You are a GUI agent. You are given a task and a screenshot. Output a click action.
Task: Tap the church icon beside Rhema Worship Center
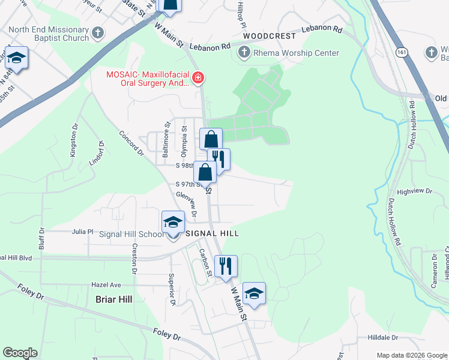click(x=244, y=53)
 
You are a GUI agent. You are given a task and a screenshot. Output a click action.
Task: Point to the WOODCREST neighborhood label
click(x=270, y=36)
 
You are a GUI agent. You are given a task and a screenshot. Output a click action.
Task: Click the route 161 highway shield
click(x=400, y=53)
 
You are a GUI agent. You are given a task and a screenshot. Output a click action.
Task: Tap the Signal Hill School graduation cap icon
click(x=173, y=223)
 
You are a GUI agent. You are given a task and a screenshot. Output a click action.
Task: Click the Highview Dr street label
click(x=414, y=191)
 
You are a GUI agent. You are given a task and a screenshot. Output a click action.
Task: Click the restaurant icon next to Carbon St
click(x=226, y=265)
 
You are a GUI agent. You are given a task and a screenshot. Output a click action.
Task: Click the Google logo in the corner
click(x=20, y=353)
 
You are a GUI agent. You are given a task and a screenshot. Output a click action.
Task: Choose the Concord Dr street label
click(x=131, y=143)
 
